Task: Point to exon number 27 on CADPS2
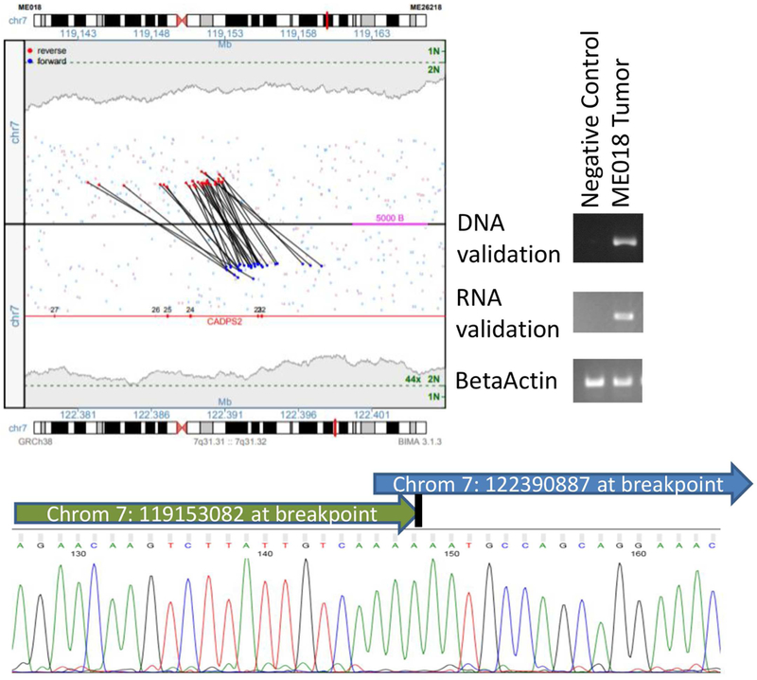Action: click(54, 310)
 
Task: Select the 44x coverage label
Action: click(412, 379)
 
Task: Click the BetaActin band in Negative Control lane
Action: click(594, 383)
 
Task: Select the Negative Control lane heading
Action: click(590, 118)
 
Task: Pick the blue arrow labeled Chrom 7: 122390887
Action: click(558, 484)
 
